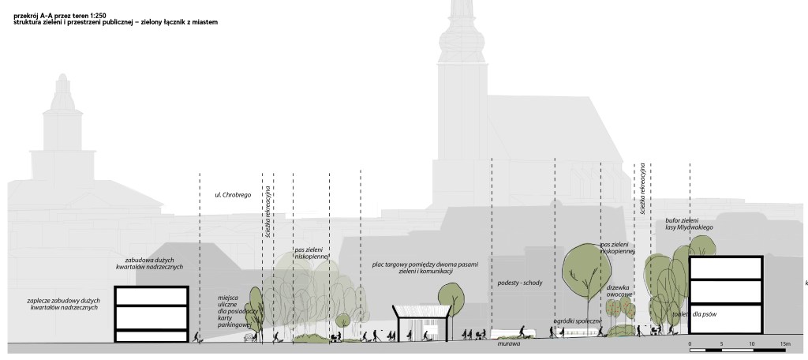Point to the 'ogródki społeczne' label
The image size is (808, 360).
click(578, 321)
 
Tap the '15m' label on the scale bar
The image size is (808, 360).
click(784, 344)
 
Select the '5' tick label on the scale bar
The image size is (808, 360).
click(721, 344)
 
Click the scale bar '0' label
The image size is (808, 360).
click(690, 344)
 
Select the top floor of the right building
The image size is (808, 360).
click(726, 269)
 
